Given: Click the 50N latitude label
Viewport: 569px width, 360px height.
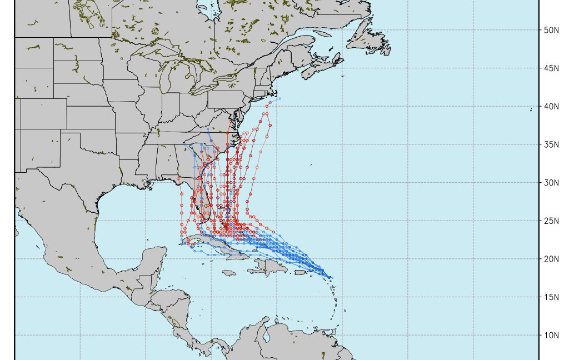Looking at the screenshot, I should click(551, 30).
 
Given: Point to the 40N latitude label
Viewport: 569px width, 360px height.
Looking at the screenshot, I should click(551, 106).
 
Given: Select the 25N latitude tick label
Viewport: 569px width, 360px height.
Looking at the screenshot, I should click(551, 221).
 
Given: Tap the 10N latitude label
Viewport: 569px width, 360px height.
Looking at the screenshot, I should click(551, 335).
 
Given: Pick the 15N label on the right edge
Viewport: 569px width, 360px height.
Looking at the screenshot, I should click(551, 297).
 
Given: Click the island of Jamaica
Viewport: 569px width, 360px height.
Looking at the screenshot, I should click(228, 273).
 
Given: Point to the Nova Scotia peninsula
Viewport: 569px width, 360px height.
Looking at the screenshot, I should click(322, 67).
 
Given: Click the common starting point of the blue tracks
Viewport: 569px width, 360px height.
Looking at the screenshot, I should click(331, 277).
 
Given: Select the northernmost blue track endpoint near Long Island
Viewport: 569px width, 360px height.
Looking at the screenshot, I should click(279, 98).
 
